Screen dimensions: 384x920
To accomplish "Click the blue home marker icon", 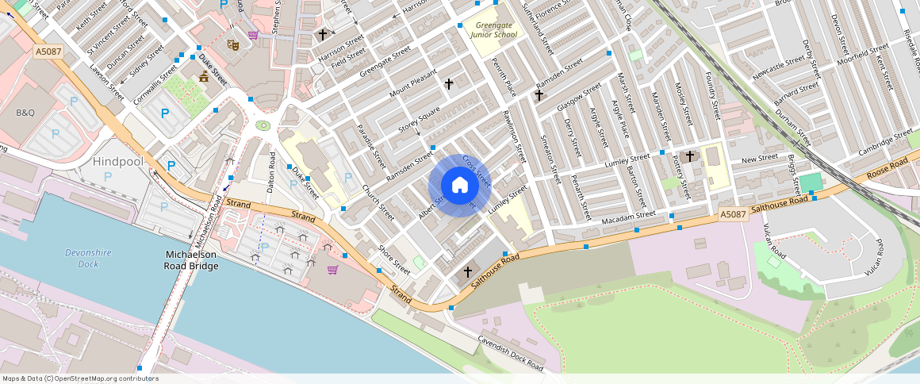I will (x=459, y=186).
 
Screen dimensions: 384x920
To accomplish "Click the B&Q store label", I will (x=25, y=113).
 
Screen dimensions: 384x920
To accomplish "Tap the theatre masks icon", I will (x=232, y=45).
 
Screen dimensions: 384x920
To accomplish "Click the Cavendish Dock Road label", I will (x=510, y=352).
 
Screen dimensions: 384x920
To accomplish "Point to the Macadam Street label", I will (x=628, y=218).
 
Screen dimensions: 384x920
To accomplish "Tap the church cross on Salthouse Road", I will (x=468, y=272).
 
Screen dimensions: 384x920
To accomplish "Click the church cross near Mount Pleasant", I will (x=449, y=83).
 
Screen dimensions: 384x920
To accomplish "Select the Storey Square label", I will (x=419, y=121).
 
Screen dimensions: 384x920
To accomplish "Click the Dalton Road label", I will (x=271, y=172).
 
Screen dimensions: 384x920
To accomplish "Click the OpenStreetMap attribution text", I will (x=80, y=378).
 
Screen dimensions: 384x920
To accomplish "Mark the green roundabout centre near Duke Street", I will (x=263, y=125).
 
